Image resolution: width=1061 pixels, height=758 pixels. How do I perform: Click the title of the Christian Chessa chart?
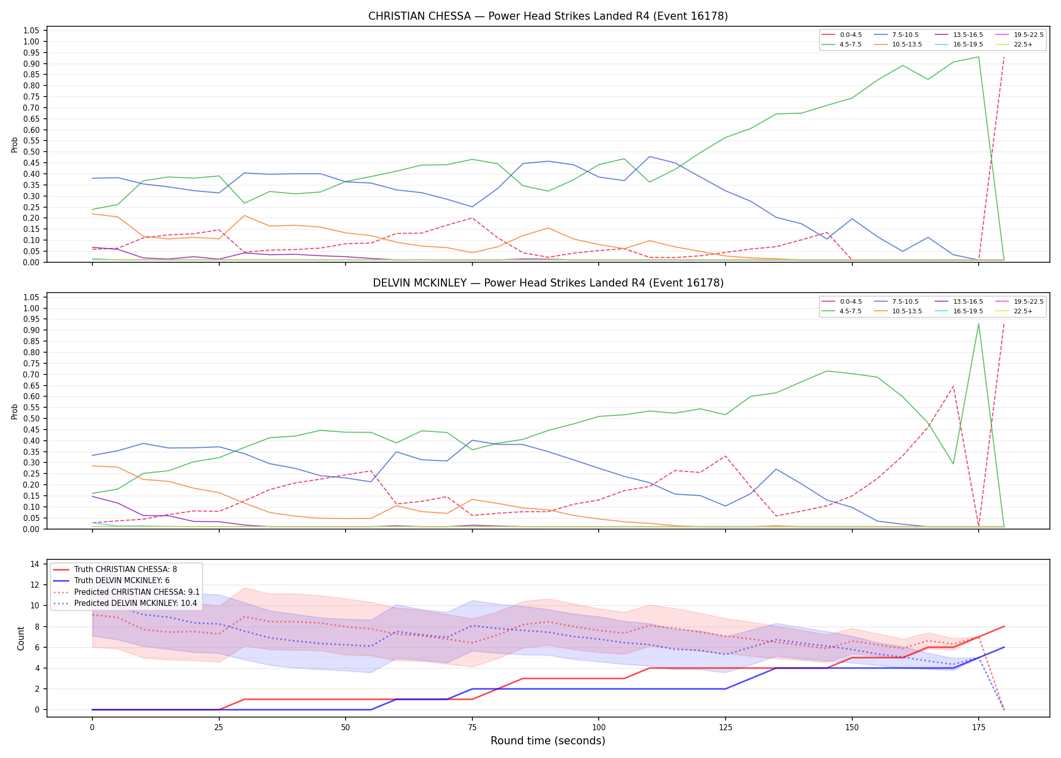[548, 16]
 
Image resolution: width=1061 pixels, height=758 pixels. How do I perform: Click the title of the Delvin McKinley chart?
[548, 283]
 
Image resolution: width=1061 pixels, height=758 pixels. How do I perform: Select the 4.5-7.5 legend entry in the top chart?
[842, 44]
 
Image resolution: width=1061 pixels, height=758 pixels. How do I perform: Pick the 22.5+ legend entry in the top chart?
[1014, 44]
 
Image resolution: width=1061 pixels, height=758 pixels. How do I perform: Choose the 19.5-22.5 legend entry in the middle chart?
[1020, 302]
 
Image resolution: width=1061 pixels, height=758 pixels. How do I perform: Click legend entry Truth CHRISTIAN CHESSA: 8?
[115, 570]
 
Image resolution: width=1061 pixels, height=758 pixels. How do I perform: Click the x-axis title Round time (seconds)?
[548, 741]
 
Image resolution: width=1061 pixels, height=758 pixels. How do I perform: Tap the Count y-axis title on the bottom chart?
[21, 638]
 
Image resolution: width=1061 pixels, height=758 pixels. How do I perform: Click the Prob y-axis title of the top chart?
[15, 145]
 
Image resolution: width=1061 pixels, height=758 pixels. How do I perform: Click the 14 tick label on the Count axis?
[35, 564]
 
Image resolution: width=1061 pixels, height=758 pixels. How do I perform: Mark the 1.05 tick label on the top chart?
[31, 31]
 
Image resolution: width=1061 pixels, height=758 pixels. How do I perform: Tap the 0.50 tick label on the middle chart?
[31, 418]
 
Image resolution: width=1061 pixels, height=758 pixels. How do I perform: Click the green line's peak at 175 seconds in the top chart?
[979, 57]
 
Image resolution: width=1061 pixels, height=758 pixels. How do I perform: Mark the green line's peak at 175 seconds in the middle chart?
[979, 324]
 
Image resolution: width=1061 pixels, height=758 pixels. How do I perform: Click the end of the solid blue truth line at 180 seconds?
[1004, 647]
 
